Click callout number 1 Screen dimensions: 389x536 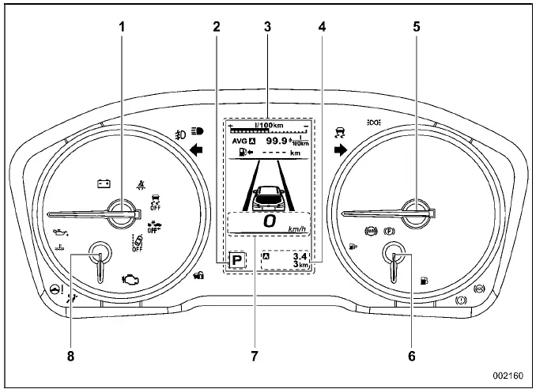[x=122, y=26]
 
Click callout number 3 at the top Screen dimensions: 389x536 [x=267, y=26]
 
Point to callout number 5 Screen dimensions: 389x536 [x=416, y=26]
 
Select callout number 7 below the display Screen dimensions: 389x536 [x=255, y=357]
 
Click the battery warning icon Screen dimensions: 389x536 [x=104, y=183]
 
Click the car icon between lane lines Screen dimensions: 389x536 [x=267, y=194]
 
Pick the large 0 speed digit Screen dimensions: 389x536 [x=270, y=223]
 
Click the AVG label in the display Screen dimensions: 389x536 [x=239, y=141]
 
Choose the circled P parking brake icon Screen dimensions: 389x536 [x=388, y=233]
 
